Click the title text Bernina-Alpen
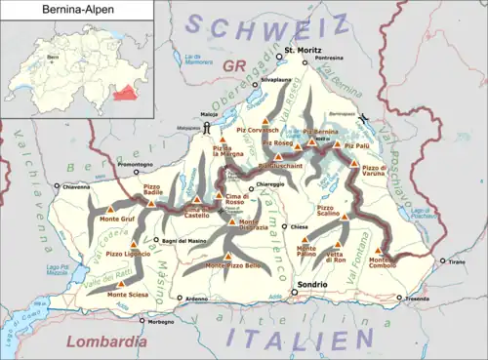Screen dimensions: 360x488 click(x=41, y=11)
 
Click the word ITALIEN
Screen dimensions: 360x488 click(x=293, y=339)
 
